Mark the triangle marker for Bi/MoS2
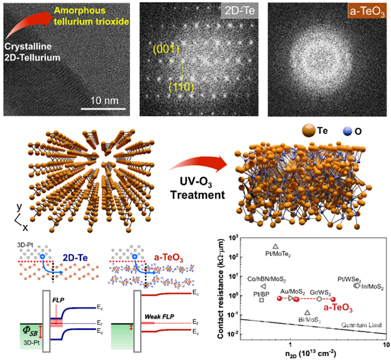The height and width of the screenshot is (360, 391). (x=307, y=312)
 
